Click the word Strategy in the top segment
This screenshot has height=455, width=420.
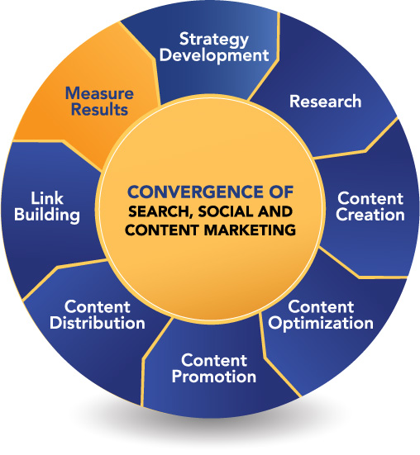point(214,40)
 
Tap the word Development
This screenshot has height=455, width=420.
point(214,55)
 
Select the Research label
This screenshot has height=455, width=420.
point(325,102)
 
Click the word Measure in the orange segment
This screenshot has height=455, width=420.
point(100,93)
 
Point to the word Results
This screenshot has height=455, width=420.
point(100,109)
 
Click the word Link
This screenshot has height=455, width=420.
point(47,198)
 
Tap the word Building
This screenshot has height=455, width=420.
point(47,215)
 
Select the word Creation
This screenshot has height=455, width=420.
point(370,215)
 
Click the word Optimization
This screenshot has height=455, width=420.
point(321,323)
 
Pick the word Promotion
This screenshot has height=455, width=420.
point(214,377)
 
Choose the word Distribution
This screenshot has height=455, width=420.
point(98,323)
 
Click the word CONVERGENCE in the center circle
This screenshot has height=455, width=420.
point(194,192)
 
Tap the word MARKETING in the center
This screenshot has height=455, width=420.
point(250,230)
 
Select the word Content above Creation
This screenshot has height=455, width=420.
point(370,198)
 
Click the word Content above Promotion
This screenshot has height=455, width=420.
point(214,360)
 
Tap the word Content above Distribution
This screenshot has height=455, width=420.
point(98,306)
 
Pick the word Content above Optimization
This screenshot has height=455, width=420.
point(321,306)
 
